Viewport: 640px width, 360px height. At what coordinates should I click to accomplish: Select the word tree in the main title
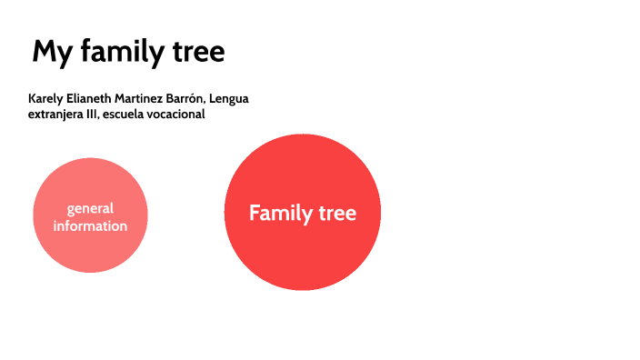195,52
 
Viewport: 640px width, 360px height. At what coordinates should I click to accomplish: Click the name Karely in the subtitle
45,98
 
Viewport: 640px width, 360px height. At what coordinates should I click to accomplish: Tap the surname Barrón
194,98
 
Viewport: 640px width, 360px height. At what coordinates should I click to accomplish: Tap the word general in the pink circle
90,209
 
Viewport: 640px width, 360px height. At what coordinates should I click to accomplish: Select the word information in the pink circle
90,225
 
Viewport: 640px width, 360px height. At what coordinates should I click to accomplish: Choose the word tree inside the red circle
337,214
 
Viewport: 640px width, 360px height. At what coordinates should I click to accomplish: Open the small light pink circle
90,250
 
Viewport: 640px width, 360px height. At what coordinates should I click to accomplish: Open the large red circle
302,255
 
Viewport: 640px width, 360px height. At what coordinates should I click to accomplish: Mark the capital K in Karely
32,98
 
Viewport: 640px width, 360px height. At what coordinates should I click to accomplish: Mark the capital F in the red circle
255,214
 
